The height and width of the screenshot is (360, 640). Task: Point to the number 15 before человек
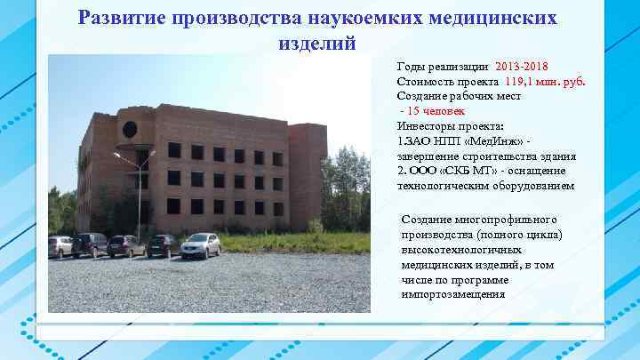coord(416,110)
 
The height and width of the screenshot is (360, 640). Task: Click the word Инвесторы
coord(428,125)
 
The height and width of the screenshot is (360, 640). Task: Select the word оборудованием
coord(526,186)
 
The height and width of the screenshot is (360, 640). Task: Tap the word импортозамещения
coord(453,293)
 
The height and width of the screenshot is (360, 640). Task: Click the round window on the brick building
coord(130,130)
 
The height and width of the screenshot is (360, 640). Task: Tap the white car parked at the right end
coord(200,244)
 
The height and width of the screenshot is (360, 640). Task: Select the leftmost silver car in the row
coord(60,246)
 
